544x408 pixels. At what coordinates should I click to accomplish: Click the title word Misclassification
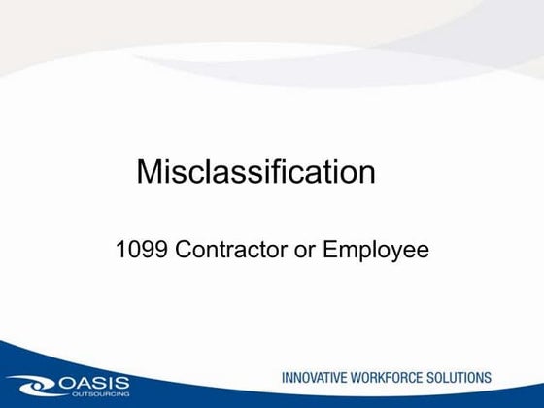click(x=255, y=172)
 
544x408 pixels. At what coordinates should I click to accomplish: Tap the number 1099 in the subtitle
click(x=138, y=251)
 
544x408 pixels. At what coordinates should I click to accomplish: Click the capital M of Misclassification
click(x=150, y=172)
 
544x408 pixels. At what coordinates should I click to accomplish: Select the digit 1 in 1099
click(x=120, y=251)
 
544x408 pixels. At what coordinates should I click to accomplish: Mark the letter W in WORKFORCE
click(x=367, y=377)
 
